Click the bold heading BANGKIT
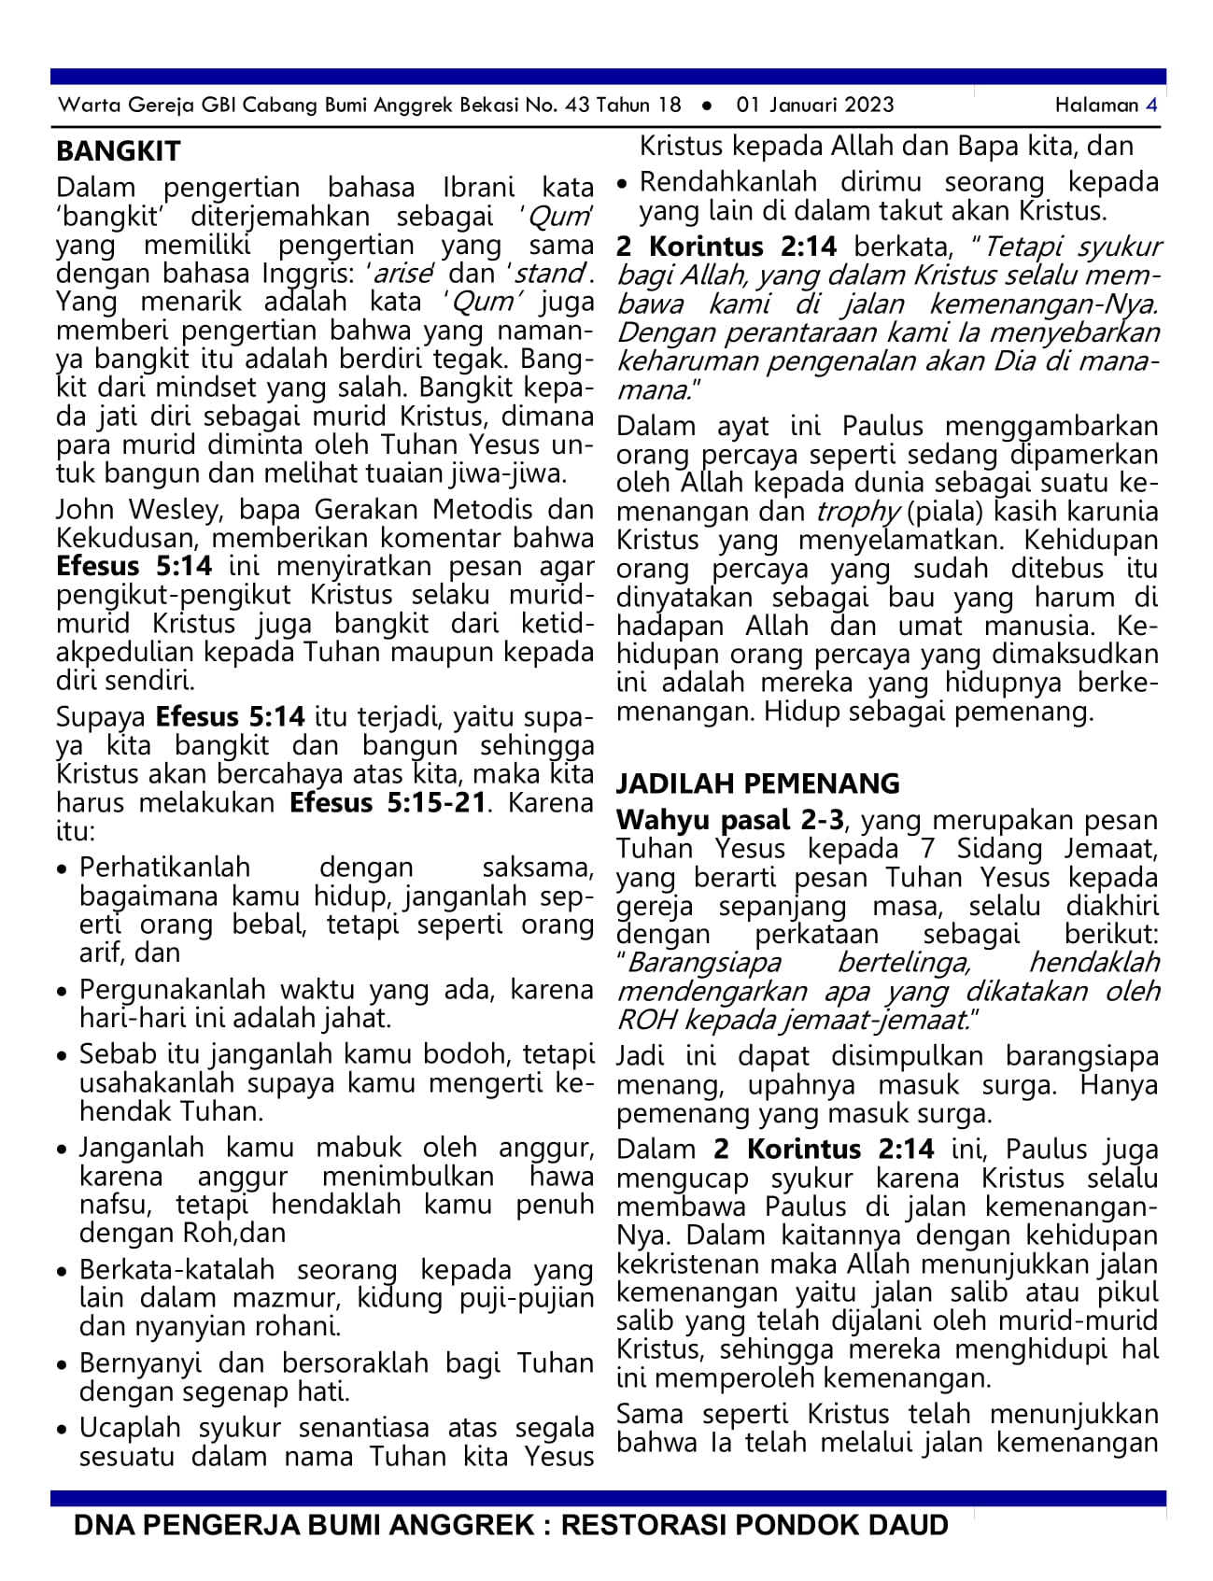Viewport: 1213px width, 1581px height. click(x=118, y=151)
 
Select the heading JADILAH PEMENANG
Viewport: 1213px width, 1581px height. click(x=757, y=783)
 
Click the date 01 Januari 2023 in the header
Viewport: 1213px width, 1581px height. click(x=814, y=105)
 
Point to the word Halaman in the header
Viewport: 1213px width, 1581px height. click(x=1096, y=105)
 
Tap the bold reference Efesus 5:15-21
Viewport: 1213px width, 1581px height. click(x=388, y=803)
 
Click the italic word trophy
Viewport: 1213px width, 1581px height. click(x=857, y=512)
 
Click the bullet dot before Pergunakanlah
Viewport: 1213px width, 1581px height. click(x=63, y=992)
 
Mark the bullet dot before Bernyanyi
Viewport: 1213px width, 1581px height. click(x=63, y=1365)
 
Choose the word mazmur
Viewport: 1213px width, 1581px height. click(x=267, y=1298)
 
